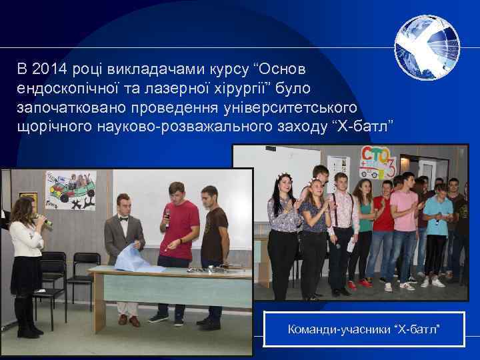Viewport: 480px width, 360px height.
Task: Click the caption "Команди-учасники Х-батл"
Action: [364, 329]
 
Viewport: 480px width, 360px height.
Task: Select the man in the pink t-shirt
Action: [404, 220]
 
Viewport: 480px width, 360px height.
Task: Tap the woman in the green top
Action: [365, 220]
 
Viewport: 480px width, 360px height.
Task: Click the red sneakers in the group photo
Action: [361, 284]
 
